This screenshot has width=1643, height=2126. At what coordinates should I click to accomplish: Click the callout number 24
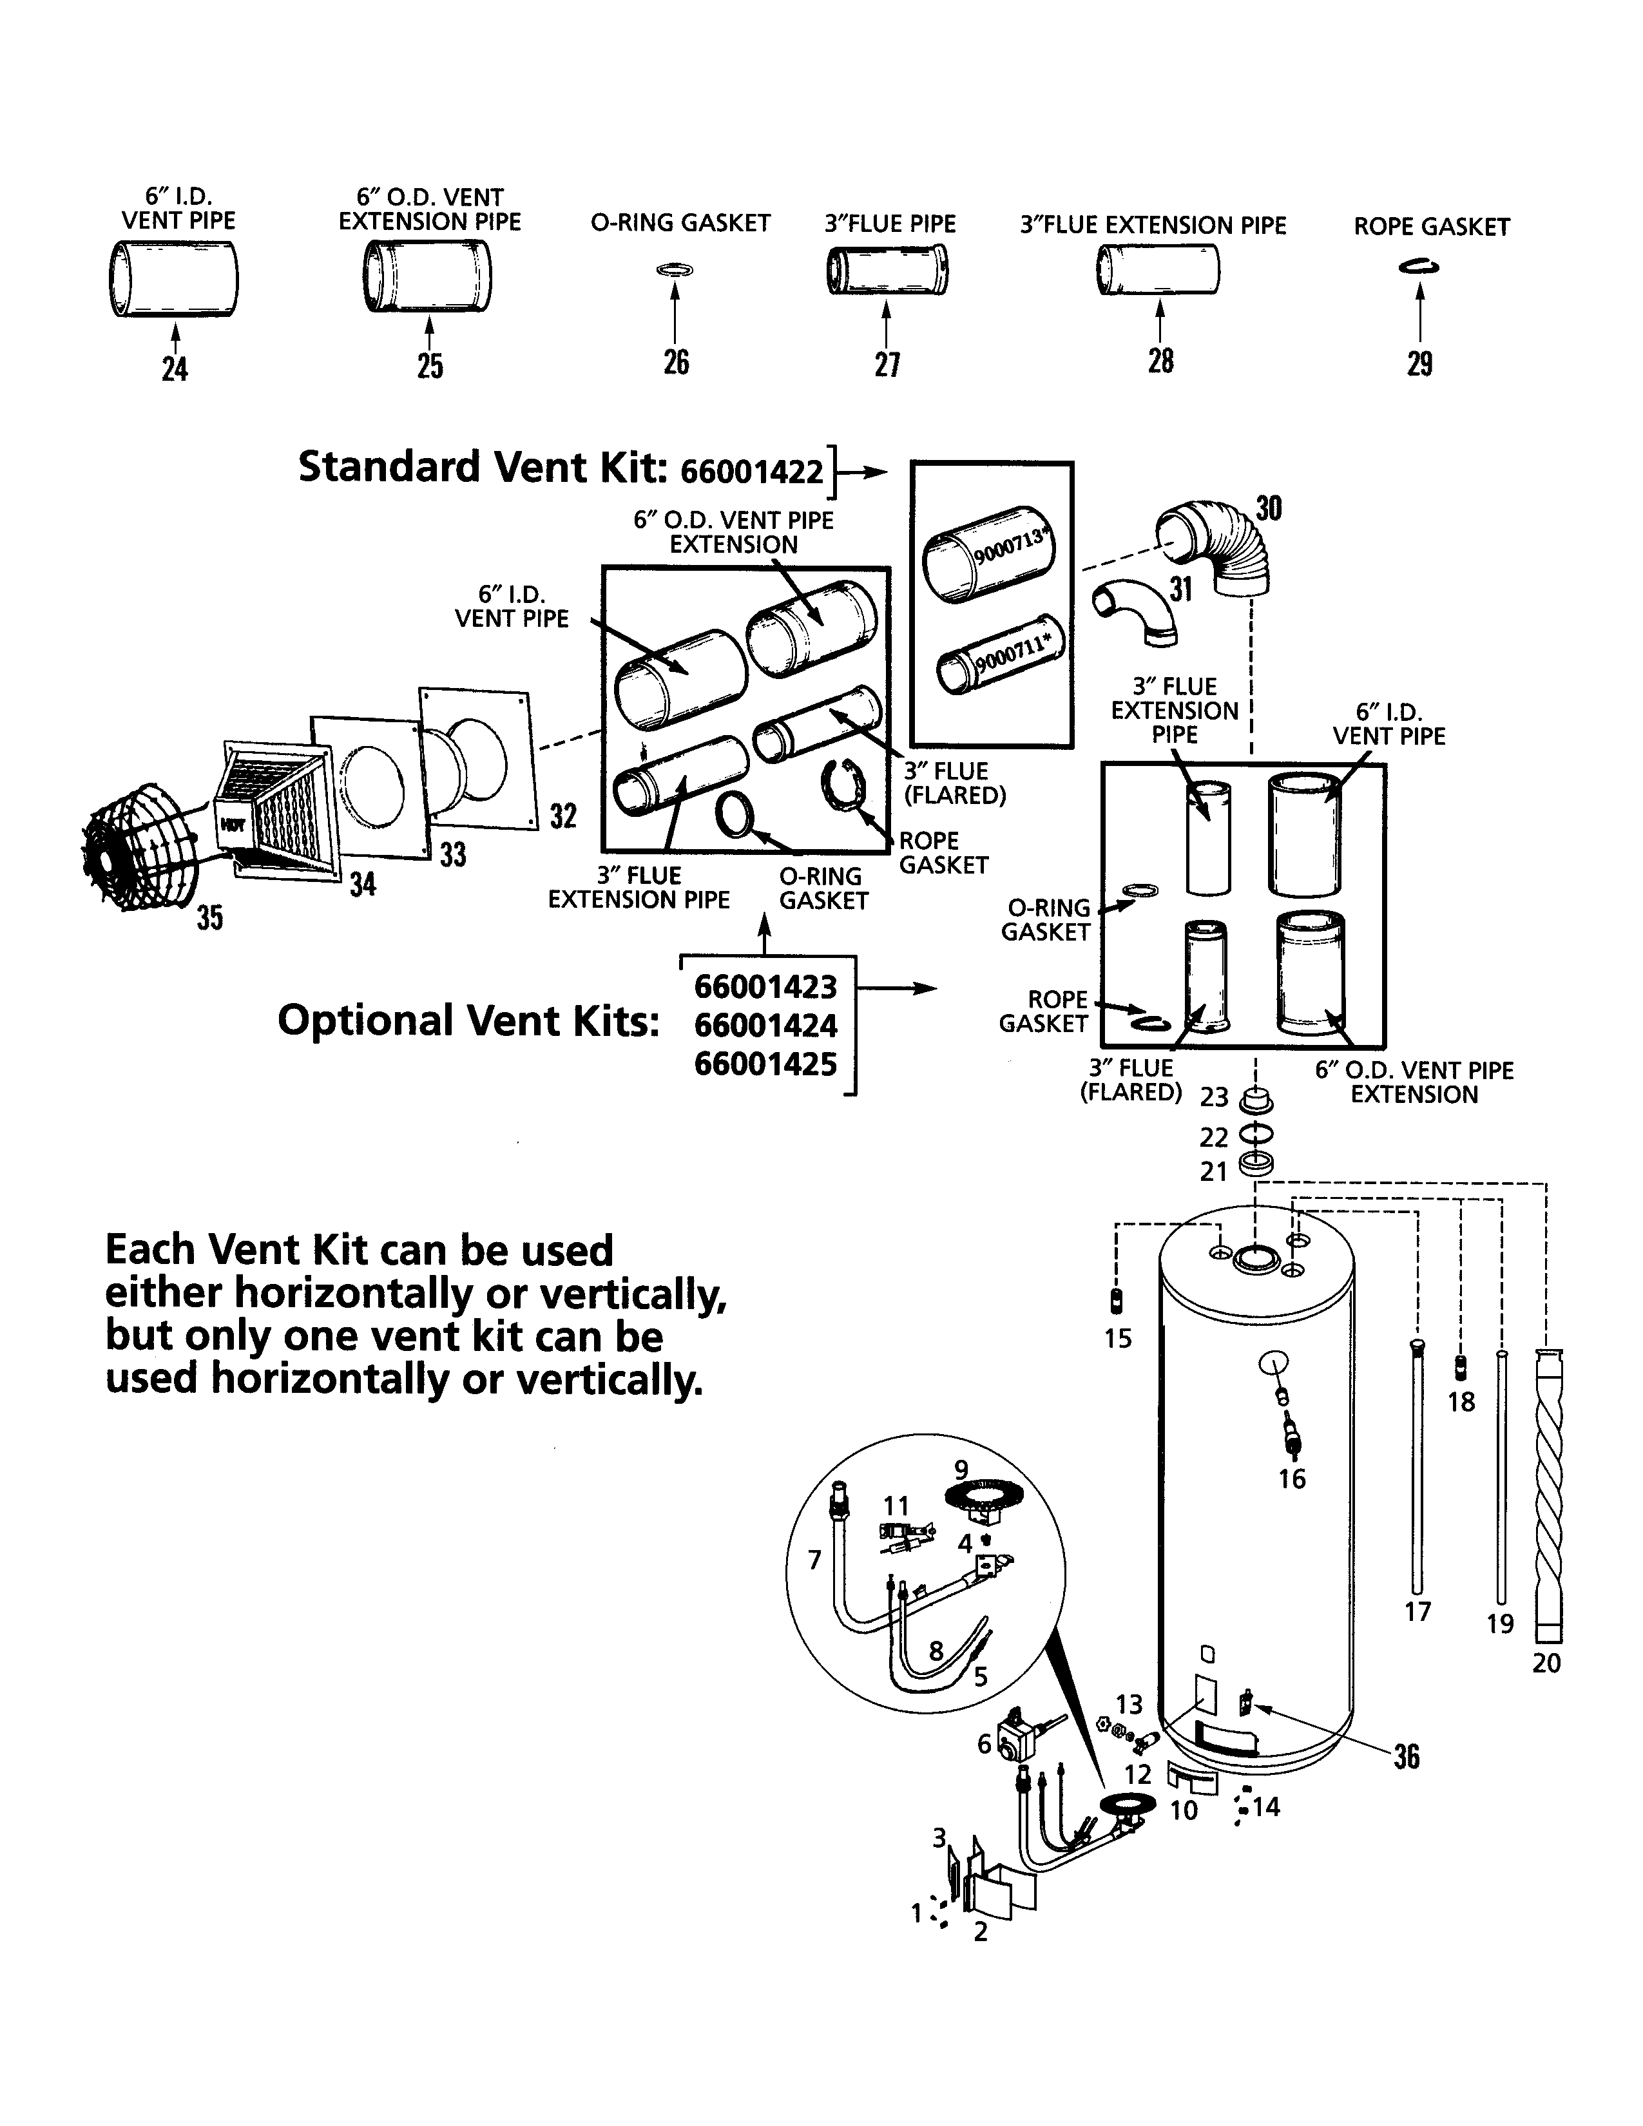174,369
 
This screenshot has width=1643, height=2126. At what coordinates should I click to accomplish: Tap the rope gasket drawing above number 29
1420,265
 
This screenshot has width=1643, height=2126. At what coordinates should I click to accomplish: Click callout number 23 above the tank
1214,1097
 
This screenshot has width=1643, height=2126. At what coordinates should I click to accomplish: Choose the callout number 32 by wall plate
564,816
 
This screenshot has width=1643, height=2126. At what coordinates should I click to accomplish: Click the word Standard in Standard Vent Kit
389,467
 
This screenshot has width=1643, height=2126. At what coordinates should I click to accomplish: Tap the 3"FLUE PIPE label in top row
890,224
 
